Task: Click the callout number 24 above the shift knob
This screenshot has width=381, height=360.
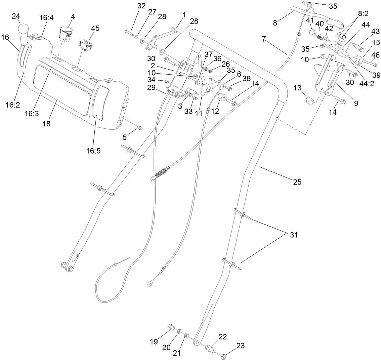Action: click(16, 16)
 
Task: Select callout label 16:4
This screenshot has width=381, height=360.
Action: click(46, 18)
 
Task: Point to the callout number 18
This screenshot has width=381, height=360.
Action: click(46, 124)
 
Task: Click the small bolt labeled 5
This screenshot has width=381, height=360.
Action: click(140, 128)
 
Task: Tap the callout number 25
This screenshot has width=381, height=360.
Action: click(297, 182)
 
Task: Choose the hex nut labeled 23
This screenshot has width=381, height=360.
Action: click(224, 355)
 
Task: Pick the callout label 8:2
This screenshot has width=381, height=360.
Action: click(363, 14)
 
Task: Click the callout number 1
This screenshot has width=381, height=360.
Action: click(184, 15)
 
